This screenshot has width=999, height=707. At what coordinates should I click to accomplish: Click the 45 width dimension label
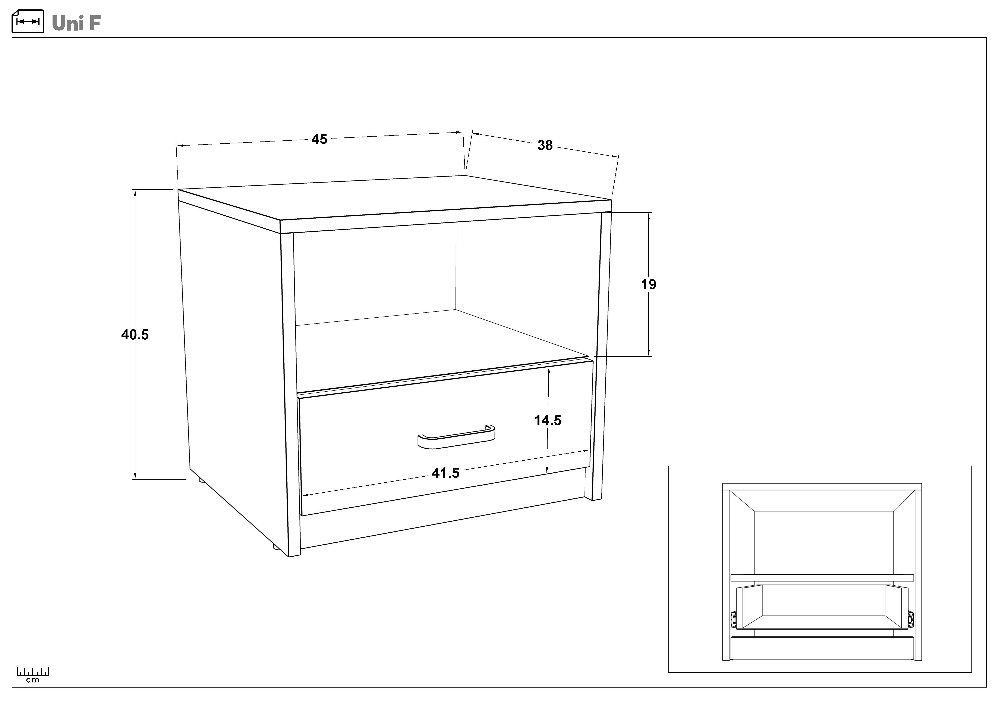(319, 139)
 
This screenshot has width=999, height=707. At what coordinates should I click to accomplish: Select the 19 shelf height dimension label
(648, 284)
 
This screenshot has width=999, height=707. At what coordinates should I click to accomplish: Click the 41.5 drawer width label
(445, 473)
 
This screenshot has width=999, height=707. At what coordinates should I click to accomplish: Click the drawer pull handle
(456, 436)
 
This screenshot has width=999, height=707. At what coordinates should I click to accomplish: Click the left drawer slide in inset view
(733, 618)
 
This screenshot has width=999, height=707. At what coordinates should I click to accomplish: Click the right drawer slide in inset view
(911, 618)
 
